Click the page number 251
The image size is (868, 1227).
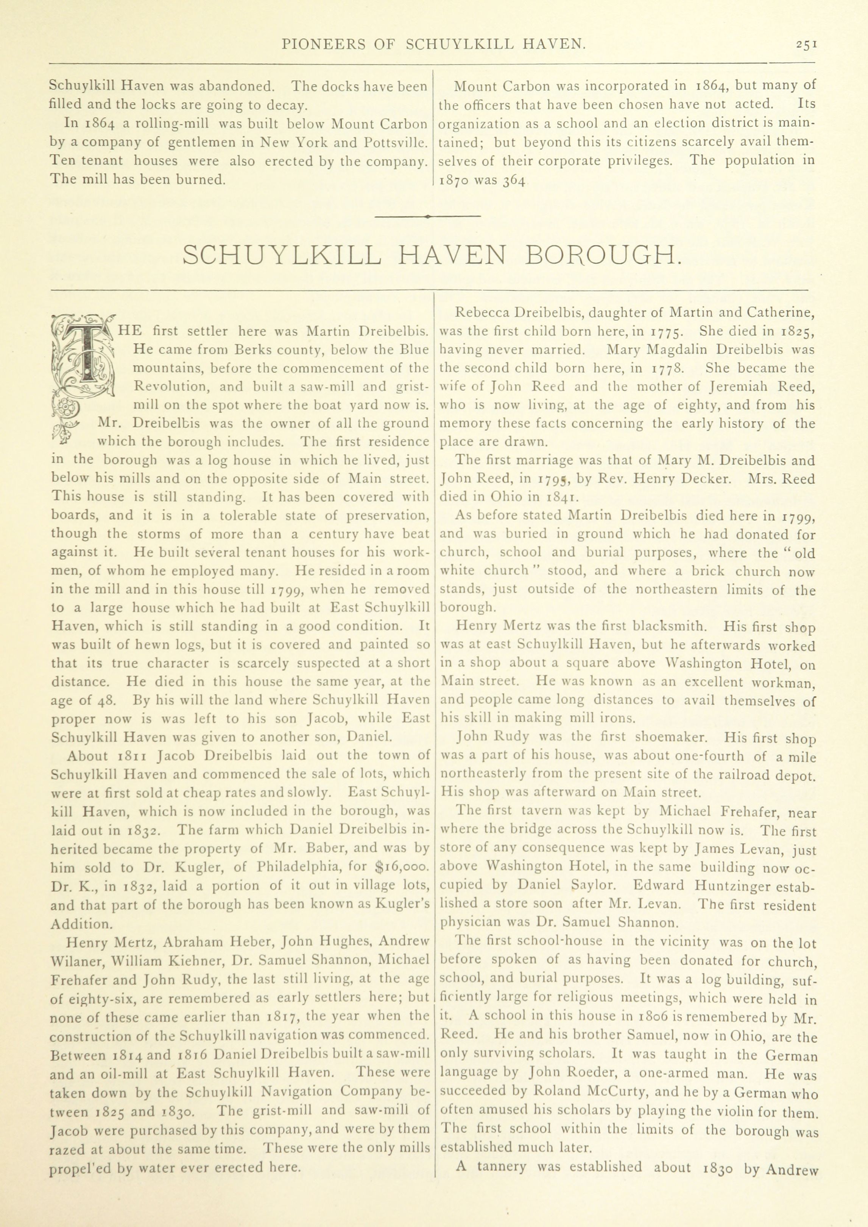[806, 45]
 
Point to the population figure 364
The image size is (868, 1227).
[516, 181]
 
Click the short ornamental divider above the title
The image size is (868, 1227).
[428, 216]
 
